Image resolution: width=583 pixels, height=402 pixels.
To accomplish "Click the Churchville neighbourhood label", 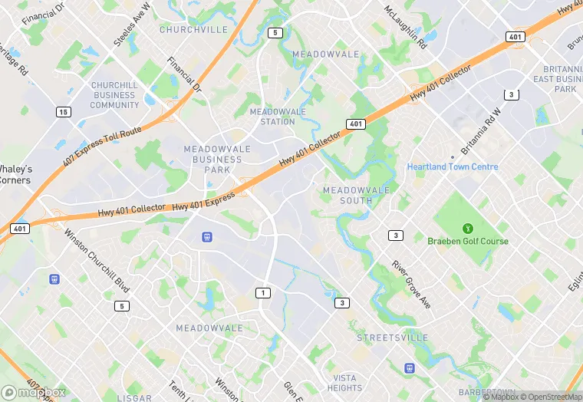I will click(193, 30).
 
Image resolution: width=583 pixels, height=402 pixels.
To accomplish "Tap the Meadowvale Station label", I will click(278, 117).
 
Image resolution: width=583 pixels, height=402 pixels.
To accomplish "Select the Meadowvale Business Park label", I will click(212, 159).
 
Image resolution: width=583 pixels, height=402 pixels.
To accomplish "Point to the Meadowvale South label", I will click(356, 195).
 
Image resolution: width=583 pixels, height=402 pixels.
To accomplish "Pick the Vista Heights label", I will click(344, 383).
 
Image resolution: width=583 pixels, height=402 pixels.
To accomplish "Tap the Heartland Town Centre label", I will click(453, 166).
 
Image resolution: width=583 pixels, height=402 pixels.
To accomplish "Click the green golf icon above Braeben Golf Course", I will click(467, 228).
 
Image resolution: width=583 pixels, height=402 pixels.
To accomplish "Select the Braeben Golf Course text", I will click(467, 241).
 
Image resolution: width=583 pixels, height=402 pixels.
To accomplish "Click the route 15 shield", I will click(63, 112).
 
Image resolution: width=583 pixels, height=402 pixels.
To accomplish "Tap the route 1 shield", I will click(263, 293).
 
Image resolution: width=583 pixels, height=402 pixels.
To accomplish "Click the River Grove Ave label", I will click(411, 285).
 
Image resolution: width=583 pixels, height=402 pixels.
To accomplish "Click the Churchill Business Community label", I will click(114, 95).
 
